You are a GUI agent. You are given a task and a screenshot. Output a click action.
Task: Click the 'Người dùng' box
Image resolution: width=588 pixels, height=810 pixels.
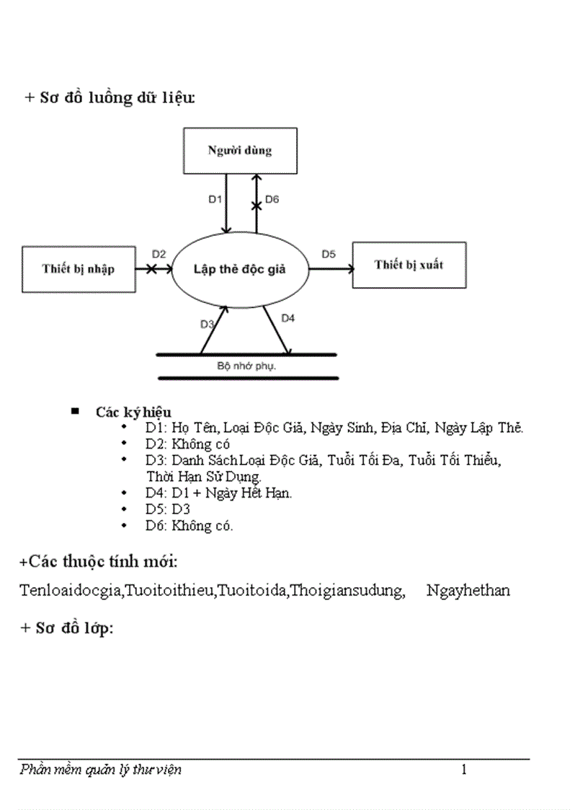pos(240,151)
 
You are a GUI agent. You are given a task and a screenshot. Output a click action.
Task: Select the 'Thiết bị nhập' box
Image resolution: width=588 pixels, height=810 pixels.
pos(78,269)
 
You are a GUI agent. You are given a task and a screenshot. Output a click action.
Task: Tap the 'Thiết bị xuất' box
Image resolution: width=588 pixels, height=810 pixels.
pos(409,265)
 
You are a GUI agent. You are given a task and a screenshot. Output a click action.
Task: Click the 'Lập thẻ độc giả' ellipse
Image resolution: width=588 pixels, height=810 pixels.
pos(240,269)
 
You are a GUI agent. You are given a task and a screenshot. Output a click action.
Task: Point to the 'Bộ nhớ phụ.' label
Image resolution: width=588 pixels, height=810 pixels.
pos(247,366)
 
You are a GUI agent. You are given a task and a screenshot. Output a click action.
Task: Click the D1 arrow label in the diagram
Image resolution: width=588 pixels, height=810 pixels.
pos(215,200)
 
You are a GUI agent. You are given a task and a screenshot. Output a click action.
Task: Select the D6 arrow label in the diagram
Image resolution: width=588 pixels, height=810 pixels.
pos(272,200)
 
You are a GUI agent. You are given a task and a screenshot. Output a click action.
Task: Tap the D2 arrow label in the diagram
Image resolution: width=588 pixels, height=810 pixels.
pos(159,254)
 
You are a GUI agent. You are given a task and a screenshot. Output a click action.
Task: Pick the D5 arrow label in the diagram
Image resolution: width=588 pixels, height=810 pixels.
pos(329,254)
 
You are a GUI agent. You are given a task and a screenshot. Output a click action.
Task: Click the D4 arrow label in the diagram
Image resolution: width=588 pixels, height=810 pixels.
pos(288,317)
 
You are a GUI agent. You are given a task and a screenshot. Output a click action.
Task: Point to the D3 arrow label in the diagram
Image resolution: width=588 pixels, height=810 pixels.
pos(207,325)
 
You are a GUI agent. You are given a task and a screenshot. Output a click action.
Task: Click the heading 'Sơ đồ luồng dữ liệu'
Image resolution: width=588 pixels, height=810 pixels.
pos(110,99)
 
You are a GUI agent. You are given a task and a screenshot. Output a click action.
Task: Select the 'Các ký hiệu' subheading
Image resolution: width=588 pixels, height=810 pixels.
pos(133,413)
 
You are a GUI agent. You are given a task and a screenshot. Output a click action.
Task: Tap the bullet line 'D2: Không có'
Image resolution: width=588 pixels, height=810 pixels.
pos(187,444)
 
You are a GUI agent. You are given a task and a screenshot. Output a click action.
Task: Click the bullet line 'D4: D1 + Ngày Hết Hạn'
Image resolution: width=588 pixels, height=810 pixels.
pos(218,493)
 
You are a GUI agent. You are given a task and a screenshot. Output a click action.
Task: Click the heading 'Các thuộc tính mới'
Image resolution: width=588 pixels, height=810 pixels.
pos(99,561)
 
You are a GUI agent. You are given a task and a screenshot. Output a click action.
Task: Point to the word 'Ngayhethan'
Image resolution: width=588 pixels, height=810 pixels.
pos(468,591)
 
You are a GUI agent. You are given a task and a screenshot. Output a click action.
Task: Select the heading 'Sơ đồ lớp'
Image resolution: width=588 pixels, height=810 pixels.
pos(66,628)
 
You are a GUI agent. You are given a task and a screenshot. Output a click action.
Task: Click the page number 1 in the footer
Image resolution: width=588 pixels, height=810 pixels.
pos(463,770)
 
